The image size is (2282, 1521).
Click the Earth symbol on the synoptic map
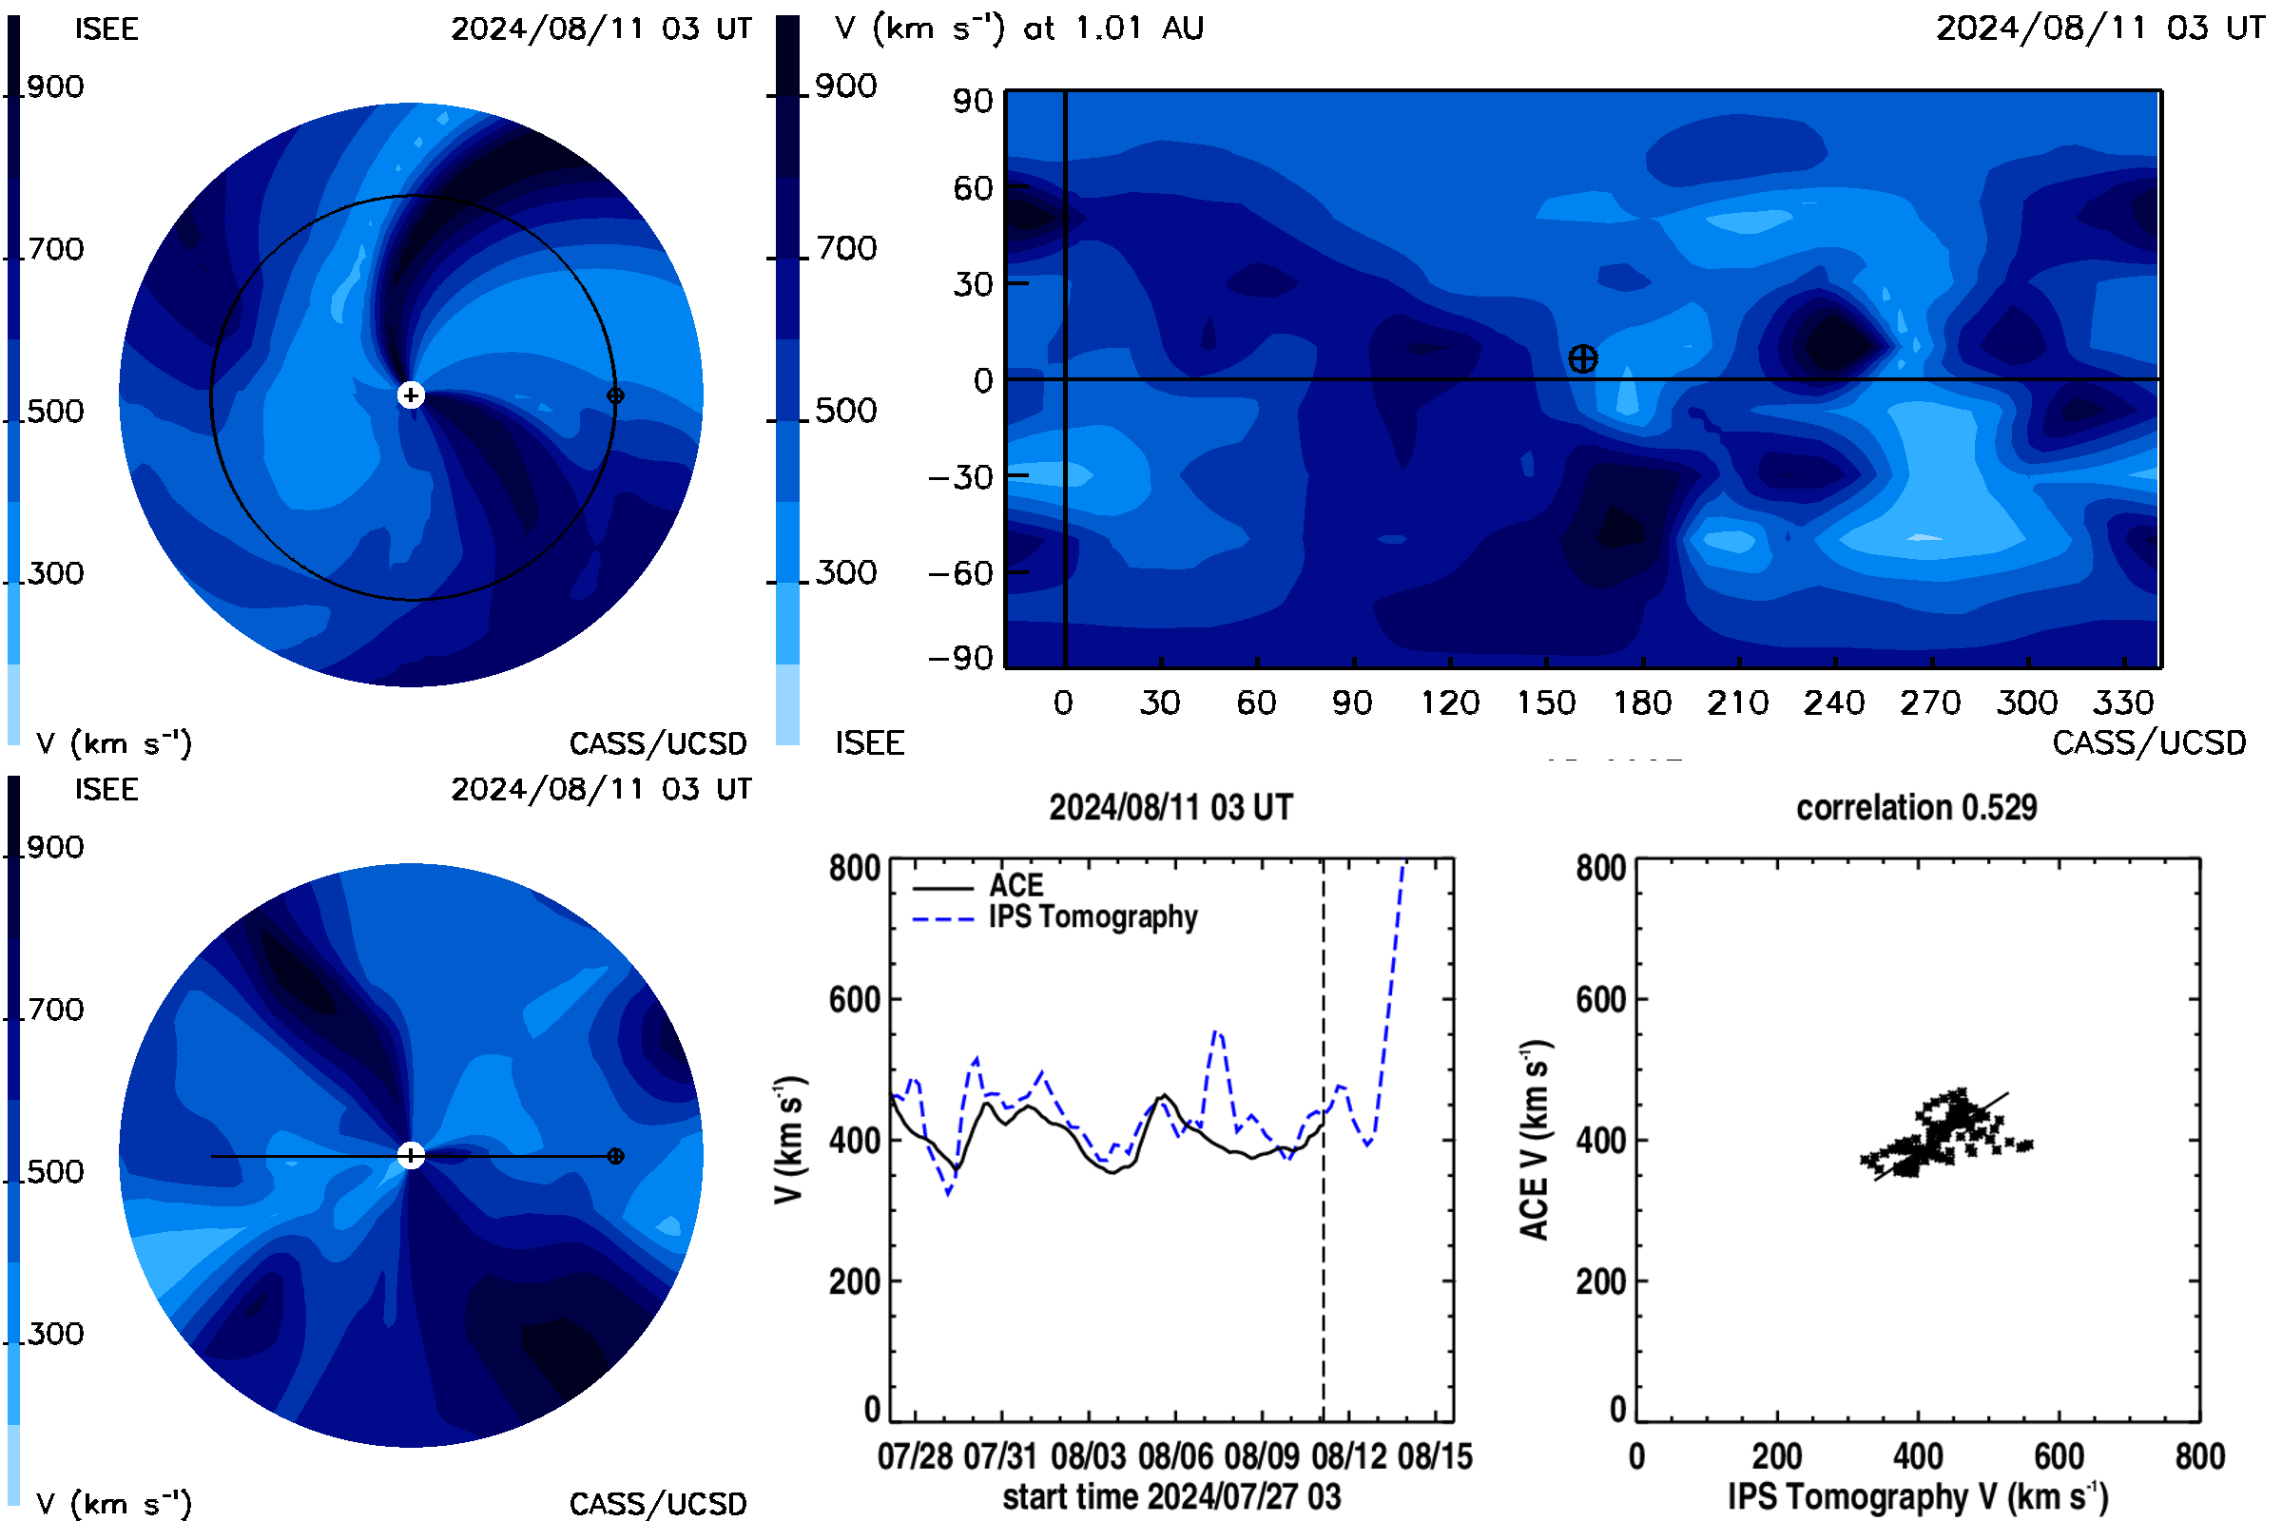1582,359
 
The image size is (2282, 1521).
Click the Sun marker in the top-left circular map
412,395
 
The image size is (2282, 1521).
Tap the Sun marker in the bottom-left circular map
412,1156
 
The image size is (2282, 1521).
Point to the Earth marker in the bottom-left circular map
615,1156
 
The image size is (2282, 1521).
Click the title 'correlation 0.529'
1916,807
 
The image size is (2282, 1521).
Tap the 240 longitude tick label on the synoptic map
1834,703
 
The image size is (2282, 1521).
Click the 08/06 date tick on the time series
1175,1456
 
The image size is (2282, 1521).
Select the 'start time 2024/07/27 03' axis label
1171,1496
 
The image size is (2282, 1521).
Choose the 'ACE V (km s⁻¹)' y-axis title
1535,1140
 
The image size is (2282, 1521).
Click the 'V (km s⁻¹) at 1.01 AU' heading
1019,29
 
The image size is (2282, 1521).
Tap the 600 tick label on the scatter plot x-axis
2059,1456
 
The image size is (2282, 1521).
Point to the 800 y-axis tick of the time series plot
855,868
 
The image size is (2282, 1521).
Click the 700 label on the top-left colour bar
55,249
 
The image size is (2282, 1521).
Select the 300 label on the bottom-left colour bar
55,1334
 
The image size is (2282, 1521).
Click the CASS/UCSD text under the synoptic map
2149,743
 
